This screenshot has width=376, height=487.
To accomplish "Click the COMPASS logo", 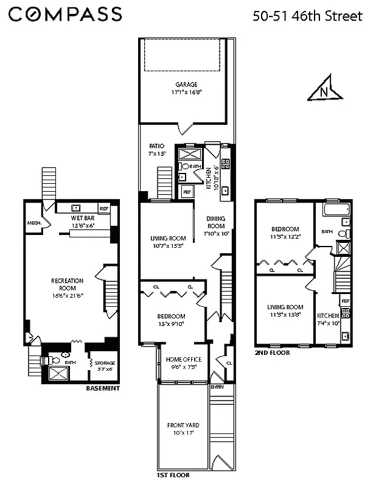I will point(65,15).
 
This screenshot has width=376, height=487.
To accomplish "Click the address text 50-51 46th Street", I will point(307,16).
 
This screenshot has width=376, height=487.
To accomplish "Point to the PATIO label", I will point(157,146).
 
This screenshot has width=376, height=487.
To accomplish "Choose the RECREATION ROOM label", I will point(67,284).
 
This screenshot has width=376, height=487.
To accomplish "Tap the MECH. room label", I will point(34,223).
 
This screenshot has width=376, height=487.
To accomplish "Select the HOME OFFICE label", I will point(183,359).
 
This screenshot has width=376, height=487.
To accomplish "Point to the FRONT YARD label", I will point(183,425).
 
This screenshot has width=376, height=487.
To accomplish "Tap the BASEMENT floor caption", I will point(102,388).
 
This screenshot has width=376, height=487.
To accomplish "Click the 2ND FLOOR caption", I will point(272,352).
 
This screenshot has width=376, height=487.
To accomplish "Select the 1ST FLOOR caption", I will point(173,474).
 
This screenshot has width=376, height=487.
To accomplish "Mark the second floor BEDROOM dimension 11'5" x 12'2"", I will point(285,237).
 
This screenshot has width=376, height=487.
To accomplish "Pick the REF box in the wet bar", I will point(104,208).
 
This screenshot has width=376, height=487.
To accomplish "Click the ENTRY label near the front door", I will point(217,387).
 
